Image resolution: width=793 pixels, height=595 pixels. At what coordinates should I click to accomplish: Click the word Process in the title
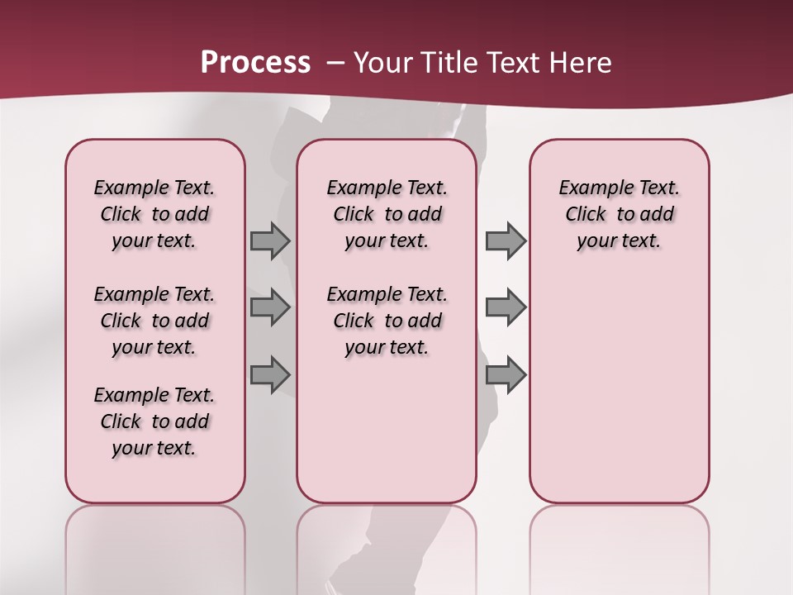point(255,62)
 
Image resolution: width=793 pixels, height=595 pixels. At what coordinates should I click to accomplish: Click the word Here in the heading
point(582,62)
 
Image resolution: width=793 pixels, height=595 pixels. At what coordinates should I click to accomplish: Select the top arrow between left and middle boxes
point(270,240)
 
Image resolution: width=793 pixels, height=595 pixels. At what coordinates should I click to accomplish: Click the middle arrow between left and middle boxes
point(270,307)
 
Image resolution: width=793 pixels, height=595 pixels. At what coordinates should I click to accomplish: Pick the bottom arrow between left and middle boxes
point(270,374)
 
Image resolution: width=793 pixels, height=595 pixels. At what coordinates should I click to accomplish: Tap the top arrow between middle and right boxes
point(506,240)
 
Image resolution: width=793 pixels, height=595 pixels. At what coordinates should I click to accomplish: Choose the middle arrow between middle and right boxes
point(506,307)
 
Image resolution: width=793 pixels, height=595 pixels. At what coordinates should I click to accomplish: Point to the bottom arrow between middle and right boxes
point(506,374)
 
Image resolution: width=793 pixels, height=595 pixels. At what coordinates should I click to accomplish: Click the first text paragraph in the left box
point(154,214)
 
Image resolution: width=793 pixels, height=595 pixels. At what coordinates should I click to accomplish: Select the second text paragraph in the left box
point(154,321)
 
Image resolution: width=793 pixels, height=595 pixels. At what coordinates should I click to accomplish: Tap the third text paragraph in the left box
point(154,421)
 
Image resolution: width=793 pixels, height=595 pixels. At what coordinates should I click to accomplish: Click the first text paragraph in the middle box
point(387,214)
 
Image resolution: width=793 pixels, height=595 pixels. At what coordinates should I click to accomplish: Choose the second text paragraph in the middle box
point(387,321)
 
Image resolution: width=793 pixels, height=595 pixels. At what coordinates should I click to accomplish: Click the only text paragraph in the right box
point(620,214)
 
